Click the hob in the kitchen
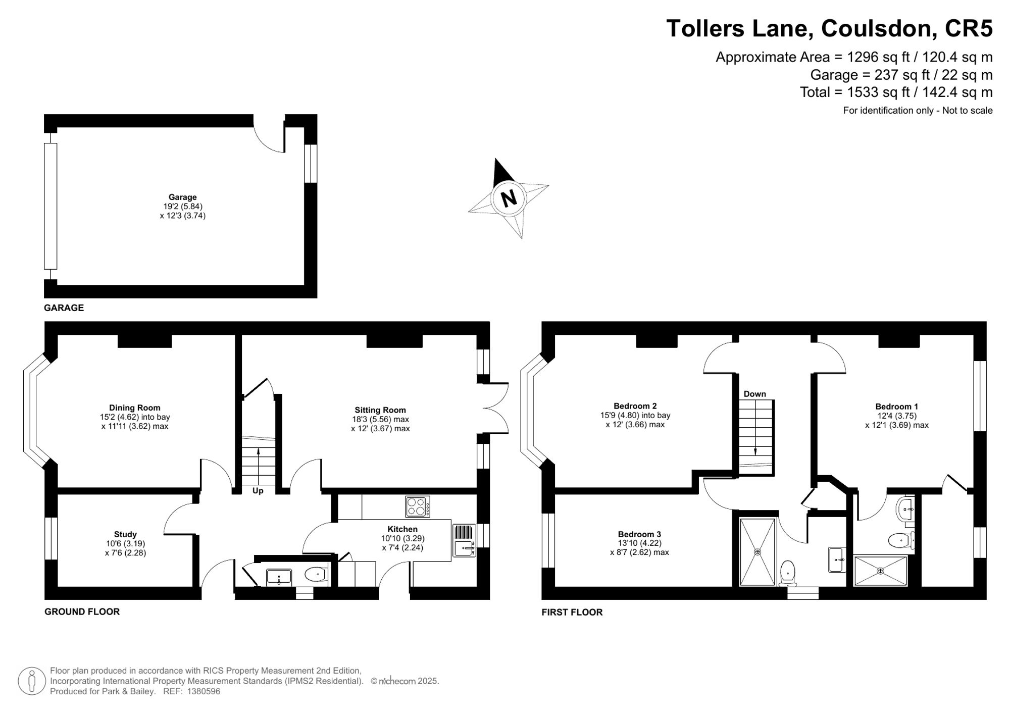click(418, 506)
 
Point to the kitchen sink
click(464, 540)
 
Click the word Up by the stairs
click(258, 491)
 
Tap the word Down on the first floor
click(755, 394)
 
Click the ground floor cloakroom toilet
click(316, 574)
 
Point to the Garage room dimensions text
click(183, 211)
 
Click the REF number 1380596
click(204, 692)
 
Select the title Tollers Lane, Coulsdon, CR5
click(830, 28)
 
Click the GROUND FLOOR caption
click(82, 611)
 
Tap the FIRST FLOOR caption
click(572, 612)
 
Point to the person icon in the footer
click(32, 681)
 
